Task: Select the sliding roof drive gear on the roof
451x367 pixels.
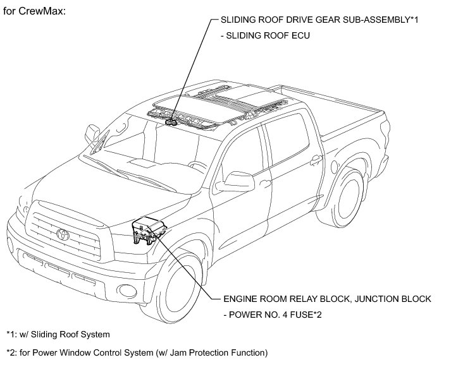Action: pos(172,119)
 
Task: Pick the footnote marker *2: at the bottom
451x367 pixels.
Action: pos(12,352)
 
